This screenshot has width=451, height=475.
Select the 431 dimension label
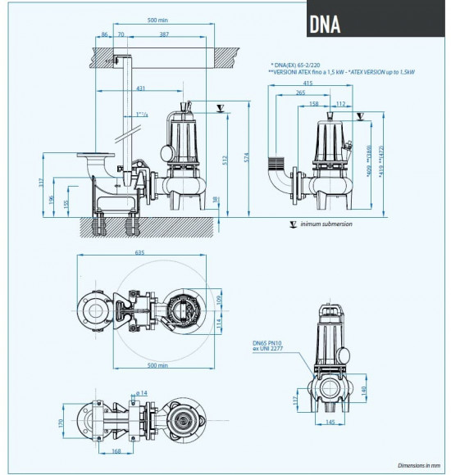coord(141,88)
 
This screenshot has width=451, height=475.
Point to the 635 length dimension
coord(140,253)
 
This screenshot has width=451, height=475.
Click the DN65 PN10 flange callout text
coord(269,347)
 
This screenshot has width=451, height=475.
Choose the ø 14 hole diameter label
coord(140,394)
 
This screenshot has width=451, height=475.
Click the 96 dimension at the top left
coord(105,35)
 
